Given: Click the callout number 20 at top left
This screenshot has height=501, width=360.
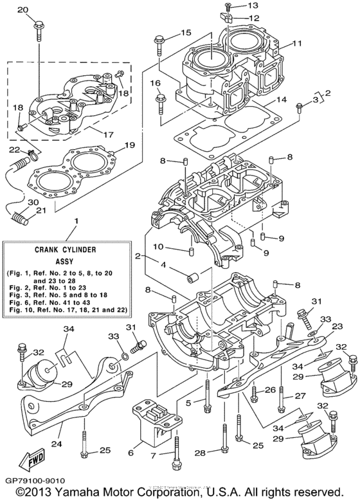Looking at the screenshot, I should (22, 10).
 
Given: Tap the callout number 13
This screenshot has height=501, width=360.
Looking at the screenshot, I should (236, 6).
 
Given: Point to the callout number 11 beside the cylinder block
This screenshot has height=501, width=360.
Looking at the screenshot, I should (297, 44).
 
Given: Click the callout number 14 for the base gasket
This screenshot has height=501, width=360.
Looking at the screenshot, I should (280, 100).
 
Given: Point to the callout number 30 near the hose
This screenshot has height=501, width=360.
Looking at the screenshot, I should (14, 202).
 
